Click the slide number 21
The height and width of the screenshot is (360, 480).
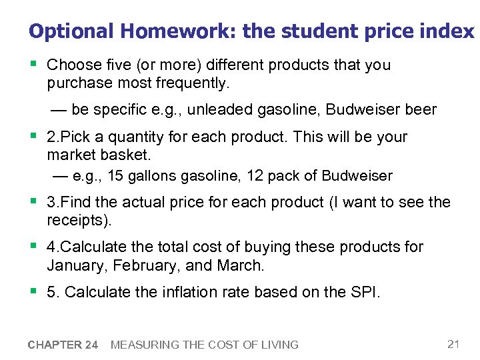pyautogui.click(x=453, y=344)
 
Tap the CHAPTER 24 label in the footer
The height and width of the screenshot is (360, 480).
pyautogui.click(x=63, y=345)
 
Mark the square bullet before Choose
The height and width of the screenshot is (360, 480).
pyautogui.click(x=33, y=65)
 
